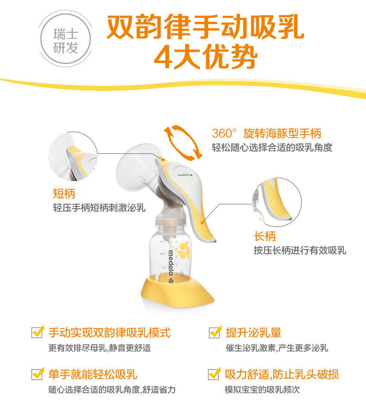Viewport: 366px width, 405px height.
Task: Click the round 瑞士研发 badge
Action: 66,39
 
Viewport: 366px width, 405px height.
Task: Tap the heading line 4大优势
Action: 206,57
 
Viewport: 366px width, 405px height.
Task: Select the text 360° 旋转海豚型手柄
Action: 266,133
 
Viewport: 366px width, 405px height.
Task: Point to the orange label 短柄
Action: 64,193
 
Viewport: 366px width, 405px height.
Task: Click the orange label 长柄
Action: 265,236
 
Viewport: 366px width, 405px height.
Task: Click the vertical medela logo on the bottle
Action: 171,264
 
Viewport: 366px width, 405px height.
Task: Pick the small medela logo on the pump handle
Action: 185,175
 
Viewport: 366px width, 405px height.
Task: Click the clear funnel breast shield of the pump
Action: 137,168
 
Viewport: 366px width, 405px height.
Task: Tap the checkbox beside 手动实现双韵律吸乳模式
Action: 37,332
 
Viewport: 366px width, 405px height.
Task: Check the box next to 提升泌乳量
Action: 215,332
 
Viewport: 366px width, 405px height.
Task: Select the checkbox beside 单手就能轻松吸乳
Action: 37,374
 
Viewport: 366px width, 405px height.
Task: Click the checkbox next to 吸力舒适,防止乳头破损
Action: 215,374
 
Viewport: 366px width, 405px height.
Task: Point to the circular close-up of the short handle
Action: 73,156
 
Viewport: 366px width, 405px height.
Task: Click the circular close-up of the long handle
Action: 277,202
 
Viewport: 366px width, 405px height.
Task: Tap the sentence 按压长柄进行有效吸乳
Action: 300,250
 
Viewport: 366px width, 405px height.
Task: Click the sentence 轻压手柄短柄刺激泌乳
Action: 99,208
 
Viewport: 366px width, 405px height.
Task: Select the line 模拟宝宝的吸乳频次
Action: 262,390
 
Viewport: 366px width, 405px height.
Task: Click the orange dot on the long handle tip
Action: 202,222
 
